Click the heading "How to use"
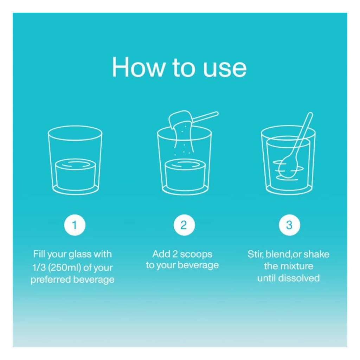point(179,67)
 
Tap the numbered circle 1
point(75,225)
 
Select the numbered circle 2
point(184,225)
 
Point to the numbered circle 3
point(289,225)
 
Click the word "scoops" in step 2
point(196,255)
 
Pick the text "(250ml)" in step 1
point(65,268)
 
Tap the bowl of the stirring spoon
point(288,167)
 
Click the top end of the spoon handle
point(310,114)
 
